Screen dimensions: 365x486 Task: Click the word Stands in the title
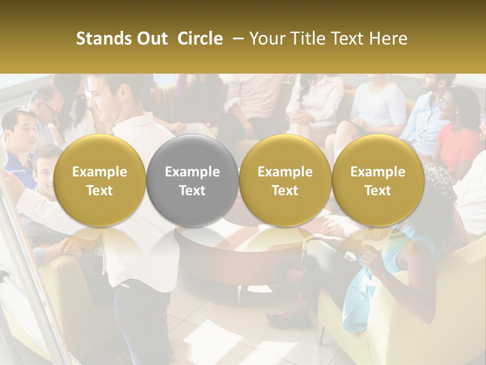pos(104,39)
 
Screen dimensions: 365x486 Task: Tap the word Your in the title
pos(264,39)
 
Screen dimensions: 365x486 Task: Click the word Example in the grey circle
pos(192,172)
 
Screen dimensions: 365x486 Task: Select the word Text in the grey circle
pos(192,190)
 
